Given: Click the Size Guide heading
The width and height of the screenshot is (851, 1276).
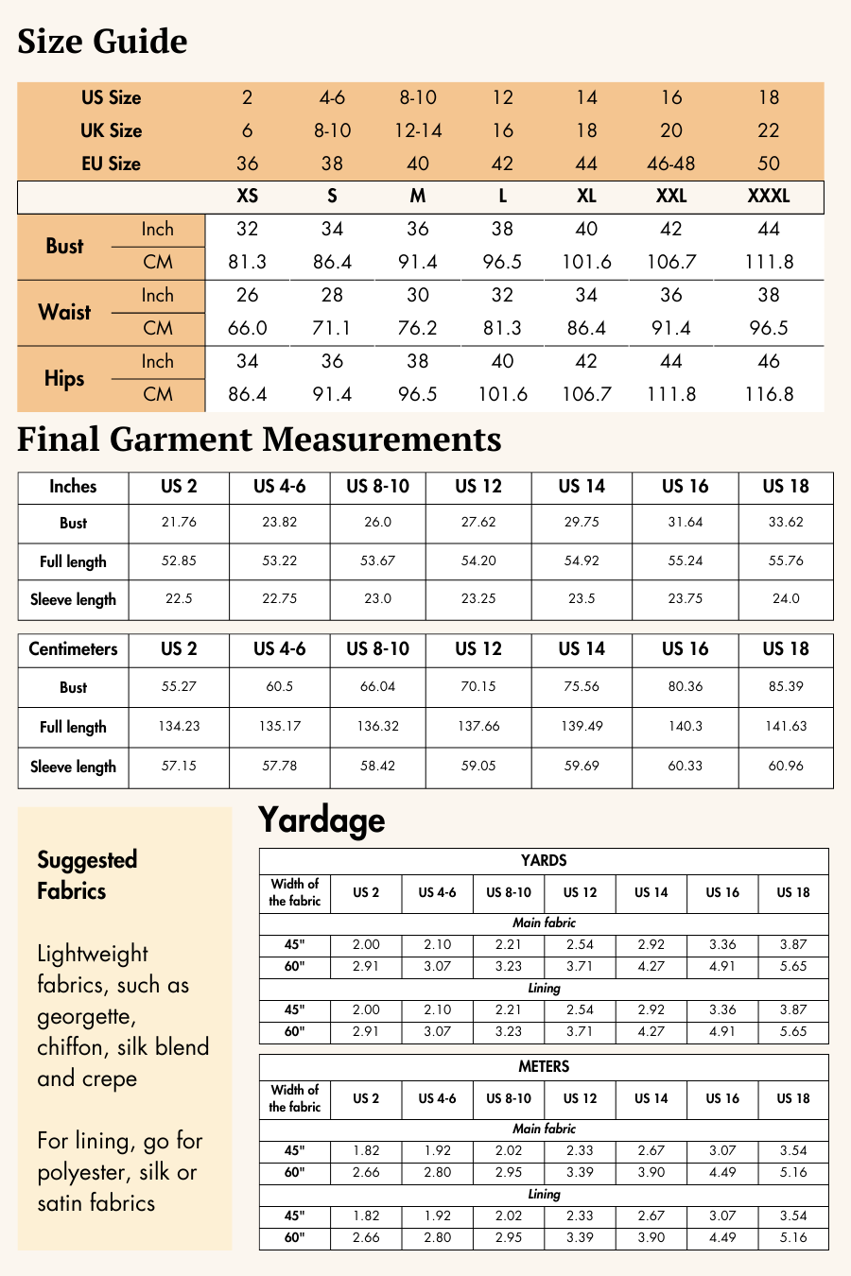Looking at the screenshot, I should [102, 42].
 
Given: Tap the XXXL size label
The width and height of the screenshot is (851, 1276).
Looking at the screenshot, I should [768, 197].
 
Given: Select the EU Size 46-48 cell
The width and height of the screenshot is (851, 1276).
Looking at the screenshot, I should [670, 164].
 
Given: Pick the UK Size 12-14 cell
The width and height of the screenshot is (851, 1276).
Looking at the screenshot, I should [418, 130].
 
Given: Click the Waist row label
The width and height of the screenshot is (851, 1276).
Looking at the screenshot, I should [64, 312].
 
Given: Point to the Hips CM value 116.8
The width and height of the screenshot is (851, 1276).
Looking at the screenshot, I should [768, 394].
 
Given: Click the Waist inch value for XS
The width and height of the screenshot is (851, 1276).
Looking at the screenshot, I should [247, 295].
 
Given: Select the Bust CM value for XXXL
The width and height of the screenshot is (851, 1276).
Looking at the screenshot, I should [768, 262].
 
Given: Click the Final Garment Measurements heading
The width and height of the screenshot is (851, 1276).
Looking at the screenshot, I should [259, 440].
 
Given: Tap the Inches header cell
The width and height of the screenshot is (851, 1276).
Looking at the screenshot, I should [73, 487].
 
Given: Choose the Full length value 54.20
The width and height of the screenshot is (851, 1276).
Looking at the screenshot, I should [478, 560].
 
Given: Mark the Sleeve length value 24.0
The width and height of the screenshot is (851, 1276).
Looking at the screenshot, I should [786, 598].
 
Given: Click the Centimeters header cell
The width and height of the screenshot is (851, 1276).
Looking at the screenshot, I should [73, 649].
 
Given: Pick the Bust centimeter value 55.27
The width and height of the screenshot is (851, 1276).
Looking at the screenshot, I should [179, 686].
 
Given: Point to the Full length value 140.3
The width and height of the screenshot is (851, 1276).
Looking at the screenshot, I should [685, 726].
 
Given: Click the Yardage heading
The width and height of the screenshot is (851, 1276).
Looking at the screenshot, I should [321, 819].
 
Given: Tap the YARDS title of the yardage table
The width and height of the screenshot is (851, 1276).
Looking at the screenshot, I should [544, 860].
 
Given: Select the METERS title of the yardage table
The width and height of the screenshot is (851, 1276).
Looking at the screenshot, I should [544, 1066].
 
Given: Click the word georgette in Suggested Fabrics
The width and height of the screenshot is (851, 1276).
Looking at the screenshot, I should [85, 1017].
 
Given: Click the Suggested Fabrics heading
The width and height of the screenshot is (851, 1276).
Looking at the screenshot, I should [87, 875].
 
